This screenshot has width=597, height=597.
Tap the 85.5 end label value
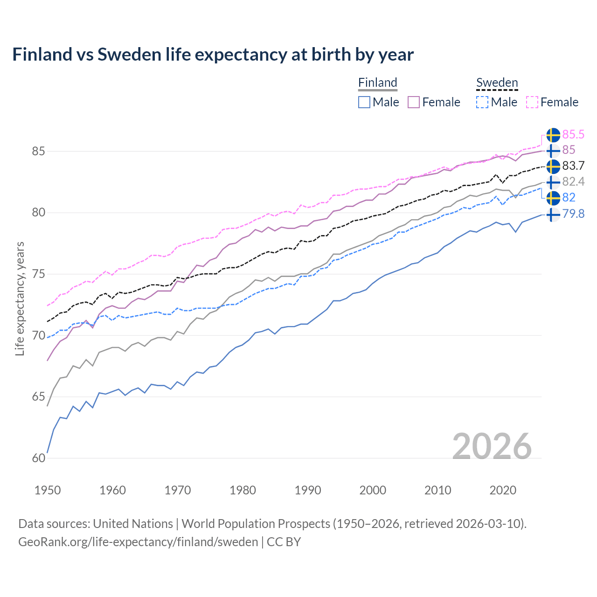573,135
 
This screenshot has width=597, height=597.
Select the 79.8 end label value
573,215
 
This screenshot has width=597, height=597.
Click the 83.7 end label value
573,166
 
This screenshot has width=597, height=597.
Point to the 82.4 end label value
573,182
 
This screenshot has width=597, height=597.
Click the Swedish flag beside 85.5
553,135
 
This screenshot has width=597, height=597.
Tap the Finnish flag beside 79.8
553,215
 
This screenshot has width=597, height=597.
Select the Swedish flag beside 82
553,198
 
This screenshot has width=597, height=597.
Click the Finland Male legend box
364,102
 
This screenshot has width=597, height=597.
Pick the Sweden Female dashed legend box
532,102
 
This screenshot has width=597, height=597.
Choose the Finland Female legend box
414,102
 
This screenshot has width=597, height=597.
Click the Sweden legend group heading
497,83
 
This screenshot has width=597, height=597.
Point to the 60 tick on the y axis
39,458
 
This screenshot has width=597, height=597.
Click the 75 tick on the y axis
39,274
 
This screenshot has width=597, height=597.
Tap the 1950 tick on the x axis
48,490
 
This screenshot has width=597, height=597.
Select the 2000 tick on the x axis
373,490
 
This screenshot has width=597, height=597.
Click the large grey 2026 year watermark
492,446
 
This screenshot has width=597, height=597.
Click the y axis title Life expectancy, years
20,298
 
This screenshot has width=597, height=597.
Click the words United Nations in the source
133,524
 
